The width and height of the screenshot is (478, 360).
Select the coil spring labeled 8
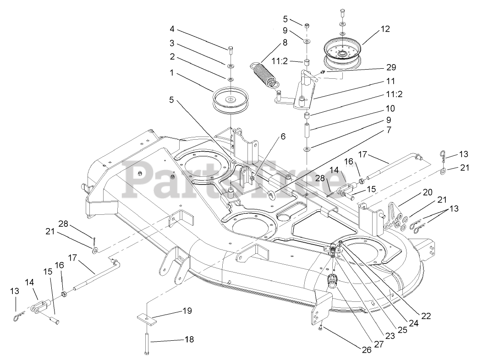[x=263, y=74]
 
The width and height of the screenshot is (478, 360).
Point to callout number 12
[x=385, y=29]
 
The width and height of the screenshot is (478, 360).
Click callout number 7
[x=389, y=130]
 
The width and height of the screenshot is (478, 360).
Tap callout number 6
[x=283, y=136]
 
